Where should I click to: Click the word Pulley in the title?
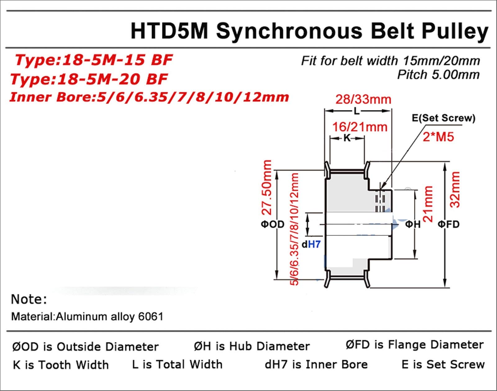455,31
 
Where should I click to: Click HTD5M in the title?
169,31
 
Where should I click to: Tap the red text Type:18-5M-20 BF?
89,79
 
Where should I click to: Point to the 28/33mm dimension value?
363,99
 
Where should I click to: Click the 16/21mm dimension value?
360,127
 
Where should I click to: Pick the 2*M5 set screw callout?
438,137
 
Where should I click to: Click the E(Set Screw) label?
443,118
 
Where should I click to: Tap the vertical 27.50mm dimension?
267,187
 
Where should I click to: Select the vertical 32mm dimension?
455,189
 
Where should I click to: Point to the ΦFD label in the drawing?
448,224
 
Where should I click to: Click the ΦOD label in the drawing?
272,224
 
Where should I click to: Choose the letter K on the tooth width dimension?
347,138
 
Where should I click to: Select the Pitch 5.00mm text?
438,75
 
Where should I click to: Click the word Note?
29,299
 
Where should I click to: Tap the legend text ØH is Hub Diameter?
252,346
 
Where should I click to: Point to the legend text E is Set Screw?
443,364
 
